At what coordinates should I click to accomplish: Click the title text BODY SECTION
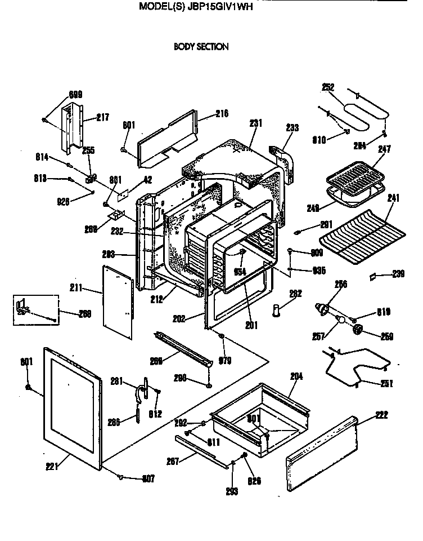[x=201, y=47]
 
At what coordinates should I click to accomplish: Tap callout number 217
[x=102, y=117]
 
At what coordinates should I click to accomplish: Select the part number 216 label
[x=222, y=114]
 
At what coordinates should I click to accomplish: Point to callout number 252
[x=328, y=87]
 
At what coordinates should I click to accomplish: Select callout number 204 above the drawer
[x=296, y=376]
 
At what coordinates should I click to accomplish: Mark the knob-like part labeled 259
[x=357, y=331]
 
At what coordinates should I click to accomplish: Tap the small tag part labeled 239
[x=372, y=276]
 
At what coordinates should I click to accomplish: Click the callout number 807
[x=147, y=479]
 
